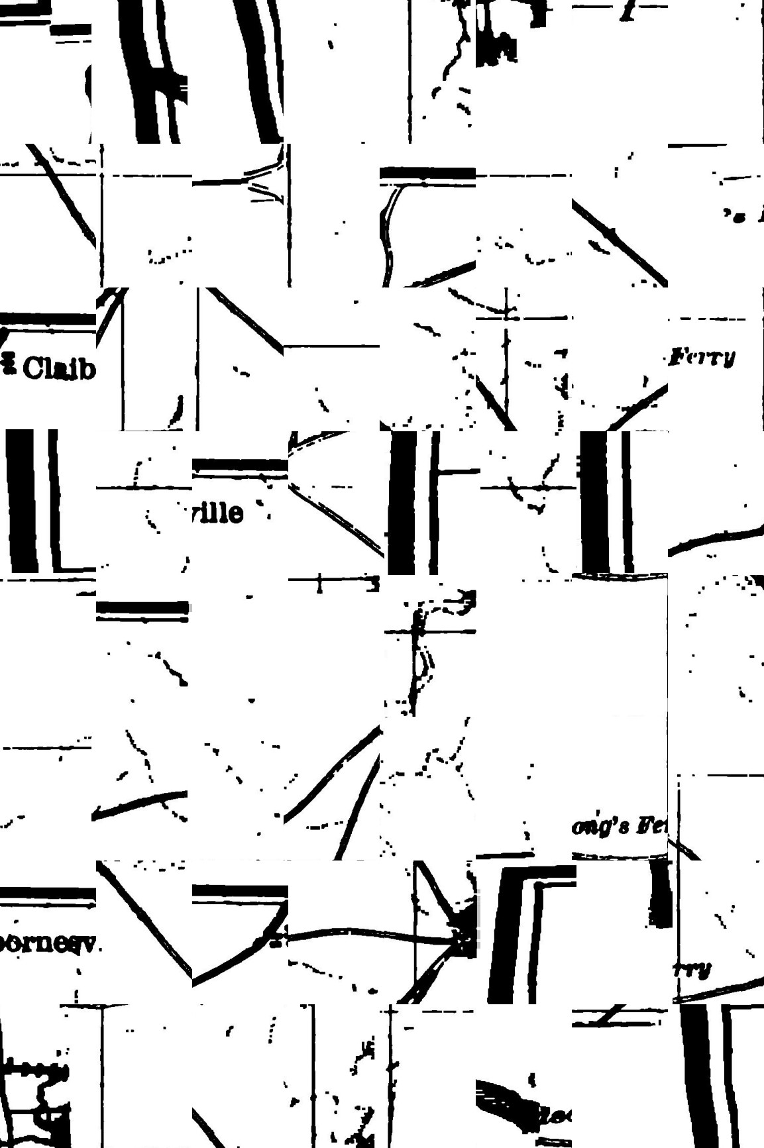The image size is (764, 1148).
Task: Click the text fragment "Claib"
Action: (x=58, y=368)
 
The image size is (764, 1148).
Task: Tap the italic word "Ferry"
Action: (x=702, y=358)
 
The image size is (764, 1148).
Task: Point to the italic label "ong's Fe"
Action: (x=620, y=826)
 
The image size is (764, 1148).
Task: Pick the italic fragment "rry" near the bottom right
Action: (x=693, y=969)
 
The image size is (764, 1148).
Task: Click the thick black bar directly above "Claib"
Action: (x=48, y=319)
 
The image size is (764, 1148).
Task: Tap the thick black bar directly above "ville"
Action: (x=240, y=466)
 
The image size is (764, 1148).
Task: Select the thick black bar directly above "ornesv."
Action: (x=48, y=894)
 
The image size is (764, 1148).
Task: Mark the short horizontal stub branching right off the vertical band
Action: (x=457, y=472)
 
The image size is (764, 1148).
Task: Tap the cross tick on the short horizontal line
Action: (x=320, y=582)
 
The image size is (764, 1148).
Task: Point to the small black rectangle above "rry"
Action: (x=661, y=894)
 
